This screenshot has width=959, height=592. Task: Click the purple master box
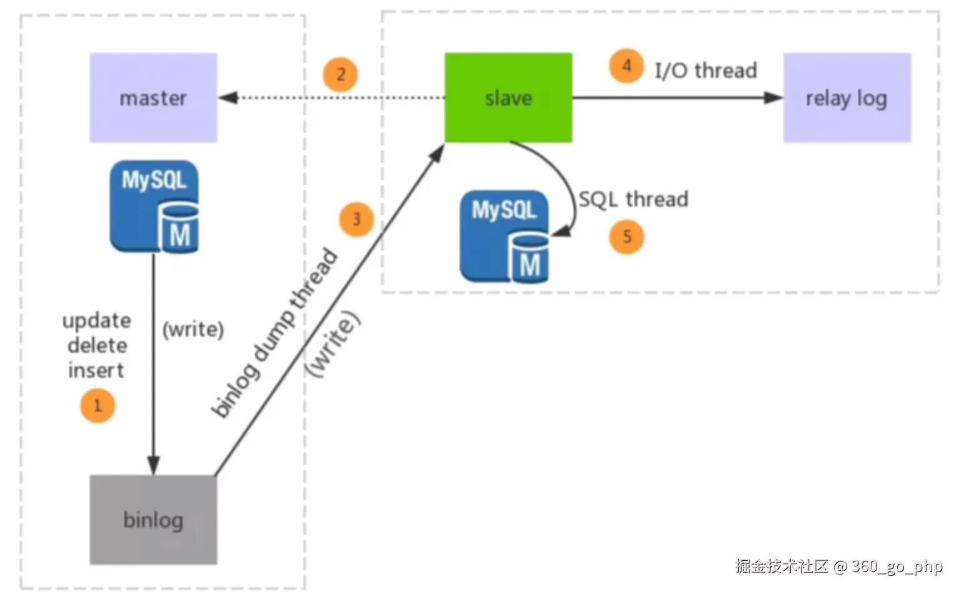[153, 98]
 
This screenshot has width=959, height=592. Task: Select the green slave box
[508, 98]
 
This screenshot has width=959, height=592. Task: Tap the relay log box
[846, 98]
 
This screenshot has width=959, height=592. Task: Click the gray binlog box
[153, 520]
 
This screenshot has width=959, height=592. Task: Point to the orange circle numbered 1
[98, 406]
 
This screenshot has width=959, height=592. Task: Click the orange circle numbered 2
[340, 75]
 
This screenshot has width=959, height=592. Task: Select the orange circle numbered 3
[356, 219]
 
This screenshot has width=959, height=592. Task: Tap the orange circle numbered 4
[626, 66]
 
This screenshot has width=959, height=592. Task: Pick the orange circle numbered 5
[626, 237]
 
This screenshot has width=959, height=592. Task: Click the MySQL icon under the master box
[154, 207]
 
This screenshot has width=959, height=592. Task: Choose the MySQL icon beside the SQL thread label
[505, 237]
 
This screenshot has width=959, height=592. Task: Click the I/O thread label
[706, 71]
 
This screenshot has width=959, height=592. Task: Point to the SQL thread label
[633, 199]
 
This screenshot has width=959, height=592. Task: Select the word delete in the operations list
[98, 345]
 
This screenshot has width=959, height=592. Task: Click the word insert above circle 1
[96, 370]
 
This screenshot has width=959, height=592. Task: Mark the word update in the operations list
[97, 321]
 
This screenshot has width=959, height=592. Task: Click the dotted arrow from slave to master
[331, 98]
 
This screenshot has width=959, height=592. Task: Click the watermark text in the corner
[838, 566]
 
